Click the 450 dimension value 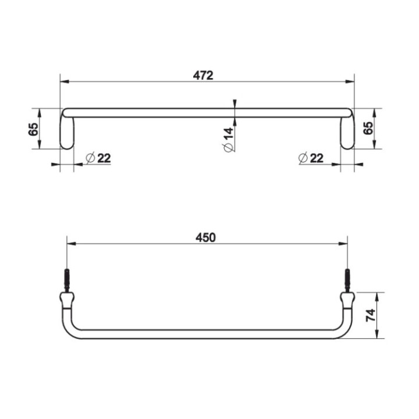coord(206,237)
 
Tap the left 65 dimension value coord(34,129)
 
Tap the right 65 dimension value coord(368,129)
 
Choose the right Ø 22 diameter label coord(310,158)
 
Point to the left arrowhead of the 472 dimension coord(64,81)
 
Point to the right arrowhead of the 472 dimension coord(351,81)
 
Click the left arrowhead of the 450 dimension coord(71,244)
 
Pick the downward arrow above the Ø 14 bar coord(234,104)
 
